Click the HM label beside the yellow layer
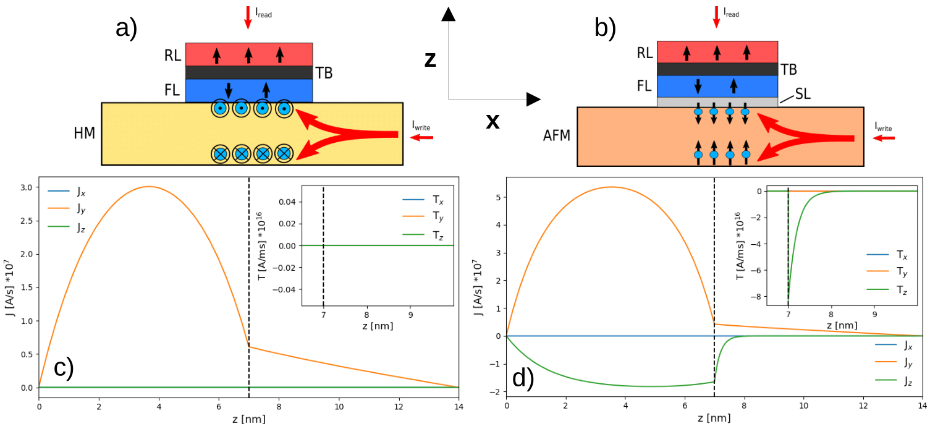[x=85, y=132]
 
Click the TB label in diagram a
[x=324, y=73]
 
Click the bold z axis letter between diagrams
[x=431, y=60]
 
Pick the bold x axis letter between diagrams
[x=492, y=121]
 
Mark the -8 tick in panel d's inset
[x=755, y=296]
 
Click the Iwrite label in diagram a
[x=421, y=126]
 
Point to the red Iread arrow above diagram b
[x=716, y=17]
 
